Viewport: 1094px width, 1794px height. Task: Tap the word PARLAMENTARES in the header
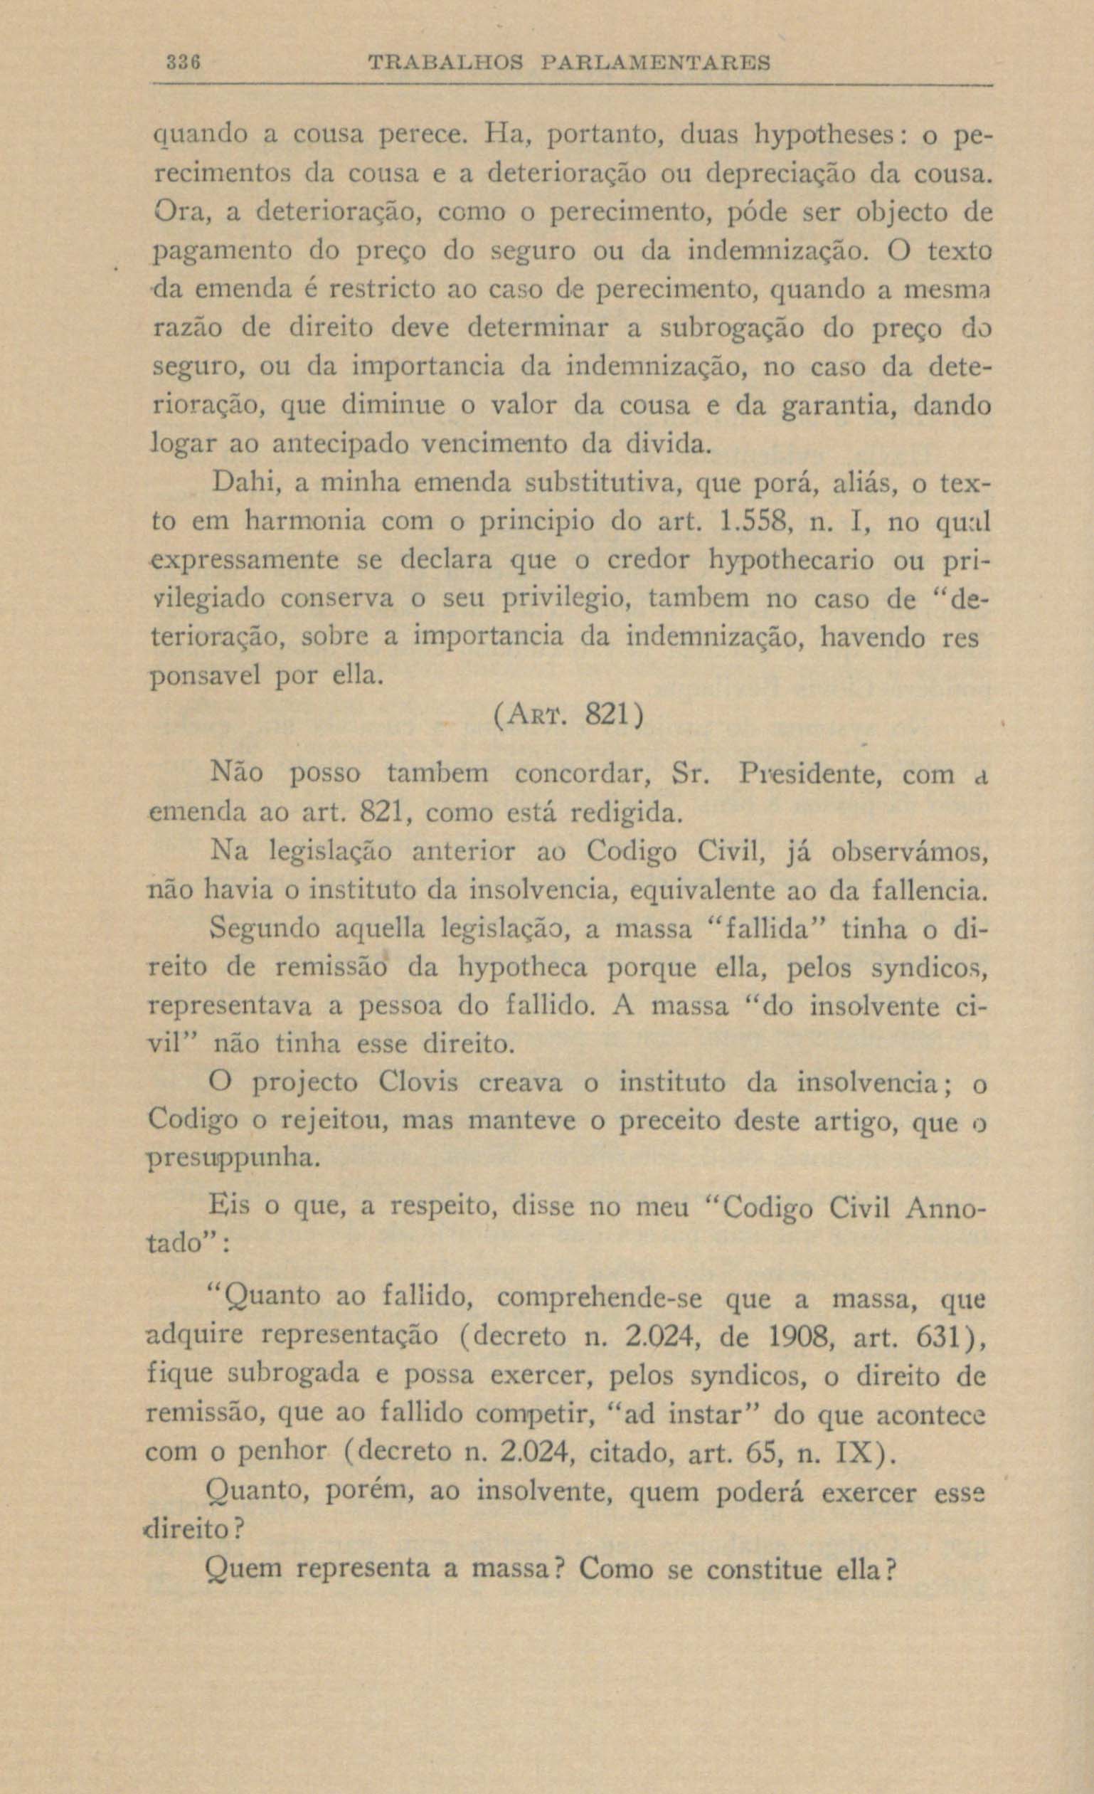point(656,63)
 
